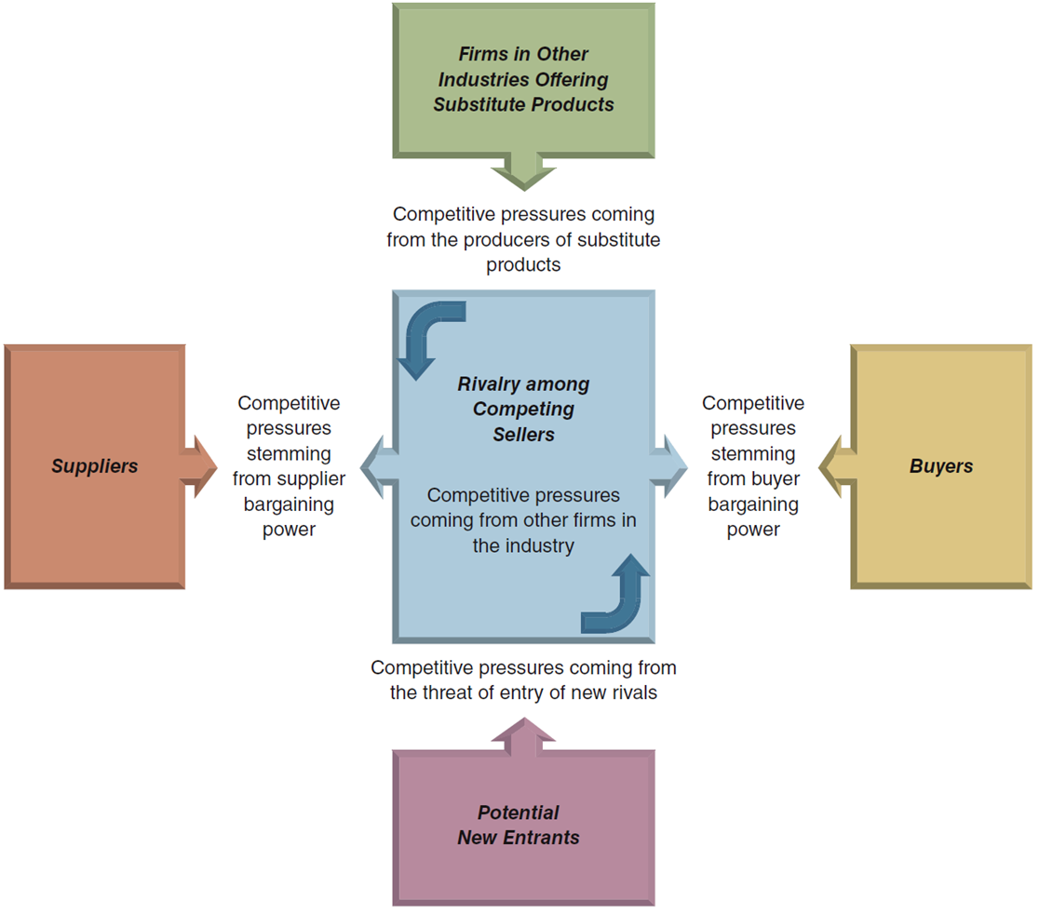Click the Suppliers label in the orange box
pyautogui.click(x=95, y=466)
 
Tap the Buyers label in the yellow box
pyautogui.click(x=941, y=466)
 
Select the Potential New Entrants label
pyautogui.click(x=519, y=825)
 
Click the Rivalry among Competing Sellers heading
pyautogui.click(x=523, y=409)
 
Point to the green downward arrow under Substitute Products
pyautogui.click(x=523, y=171)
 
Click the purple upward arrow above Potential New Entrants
pyautogui.click(x=523, y=736)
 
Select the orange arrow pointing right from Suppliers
pyautogui.click(x=199, y=467)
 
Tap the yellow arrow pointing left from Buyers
pyautogui.click(x=837, y=467)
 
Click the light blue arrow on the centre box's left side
pyautogui.click(x=380, y=467)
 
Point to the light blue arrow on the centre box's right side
pyautogui.click(x=668, y=467)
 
